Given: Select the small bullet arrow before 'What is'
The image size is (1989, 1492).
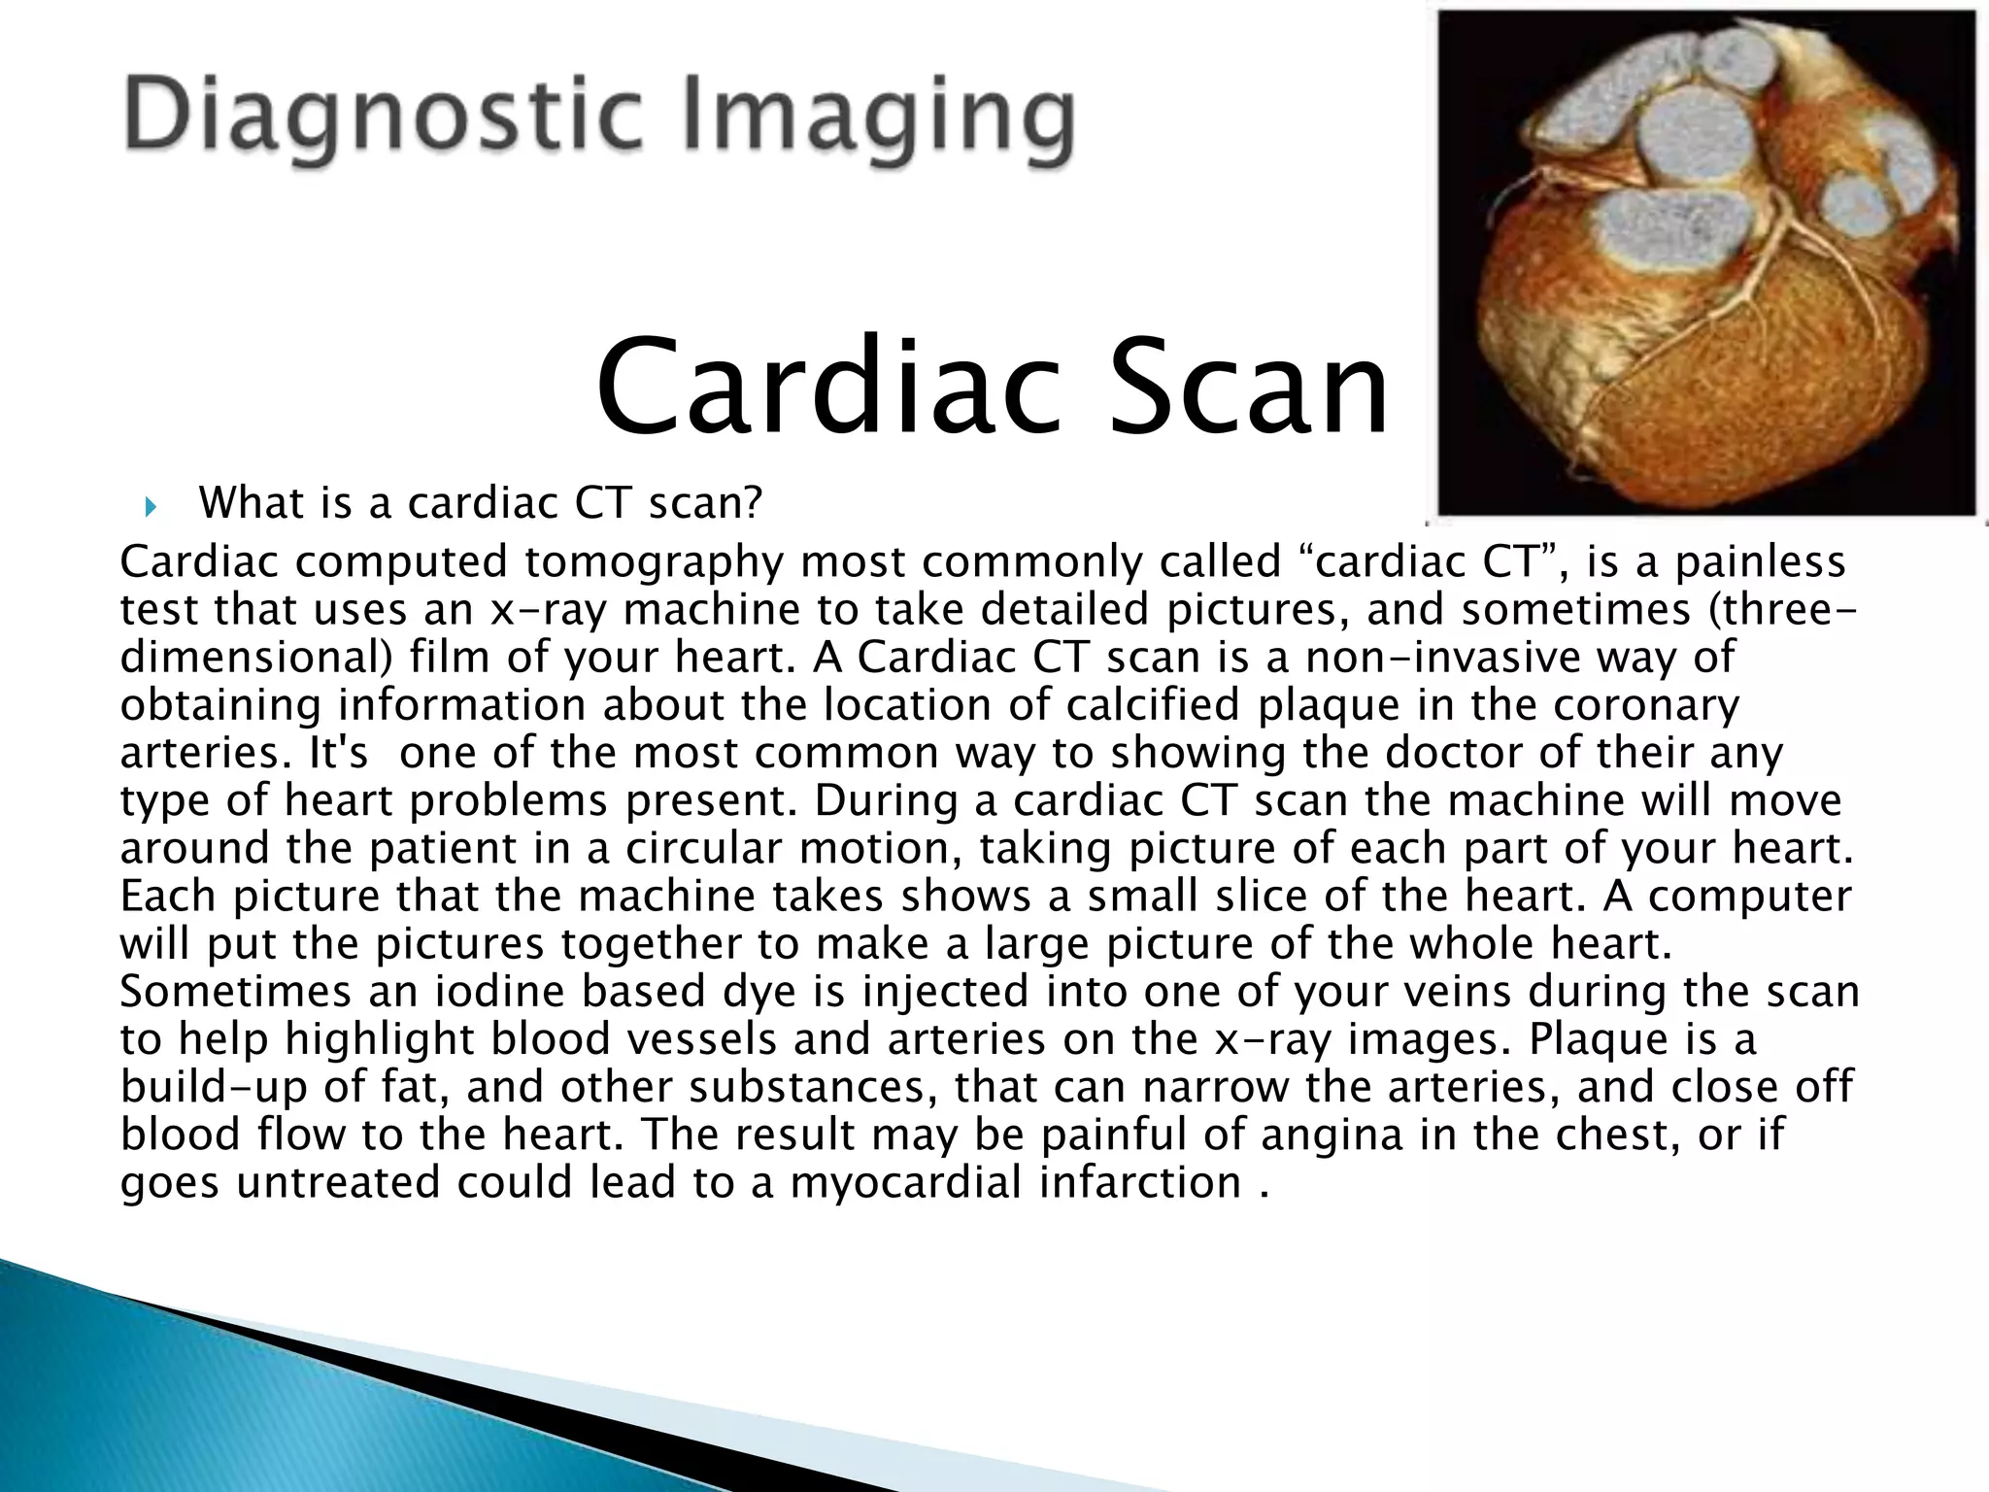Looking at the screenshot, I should pos(150,506).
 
